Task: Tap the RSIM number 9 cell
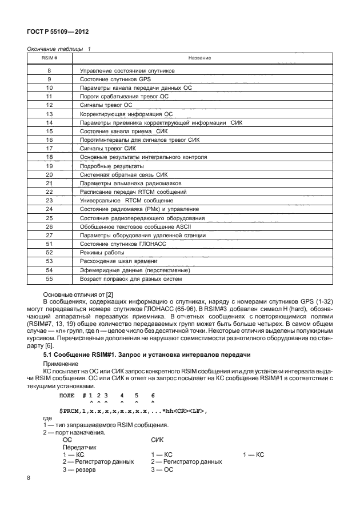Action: pos(49,79)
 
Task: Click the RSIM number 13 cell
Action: pos(49,114)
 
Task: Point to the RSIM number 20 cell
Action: pos(49,174)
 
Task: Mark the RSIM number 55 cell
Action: pos(49,278)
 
